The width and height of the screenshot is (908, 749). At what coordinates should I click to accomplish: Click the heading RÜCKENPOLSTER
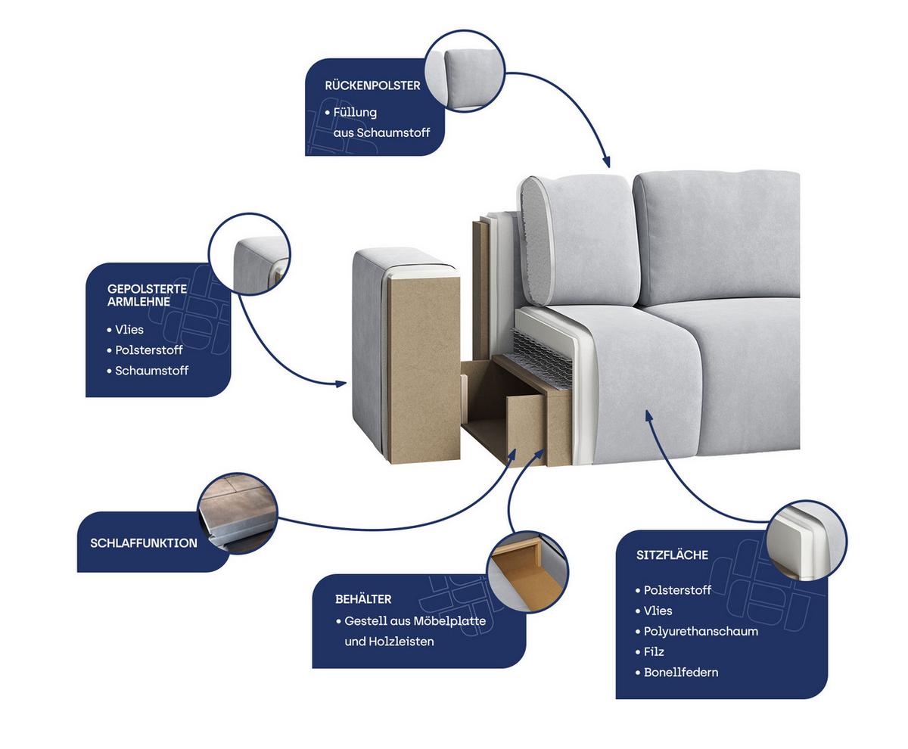pyautogui.click(x=372, y=85)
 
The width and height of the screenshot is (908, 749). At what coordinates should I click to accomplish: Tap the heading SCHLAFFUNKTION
pyautogui.click(x=144, y=542)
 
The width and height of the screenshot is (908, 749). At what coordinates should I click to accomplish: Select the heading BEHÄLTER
pyautogui.click(x=363, y=599)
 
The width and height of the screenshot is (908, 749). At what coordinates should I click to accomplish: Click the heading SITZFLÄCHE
pyautogui.click(x=672, y=555)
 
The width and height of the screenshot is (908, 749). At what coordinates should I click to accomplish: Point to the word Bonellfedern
pyautogui.click(x=680, y=672)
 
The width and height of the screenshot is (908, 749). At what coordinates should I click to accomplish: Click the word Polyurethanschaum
pyautogui.click(x=701, y=631)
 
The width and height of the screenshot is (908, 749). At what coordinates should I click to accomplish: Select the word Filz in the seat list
pyautogui.click(x=654, y=651)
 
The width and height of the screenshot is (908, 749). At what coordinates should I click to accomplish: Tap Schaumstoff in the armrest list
pyautogui.click(x=151, y=371)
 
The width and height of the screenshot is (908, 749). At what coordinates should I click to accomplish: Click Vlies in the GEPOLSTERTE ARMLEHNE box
pyautogui.click(x=129, y=330)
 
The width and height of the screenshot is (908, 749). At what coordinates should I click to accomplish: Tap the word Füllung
pyautogui.click(x=355, y=113)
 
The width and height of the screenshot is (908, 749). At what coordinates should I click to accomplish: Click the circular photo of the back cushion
pyautogui.click(x=465, y=71)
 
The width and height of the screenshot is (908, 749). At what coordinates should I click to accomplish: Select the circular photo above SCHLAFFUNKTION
pyautogui.click(x=238, y=514)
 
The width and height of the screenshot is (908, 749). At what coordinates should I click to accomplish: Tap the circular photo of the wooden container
pyautogui.click(x=527, y=572)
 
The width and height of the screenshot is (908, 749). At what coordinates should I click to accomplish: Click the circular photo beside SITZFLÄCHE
pyautogui.click(x=806, y=541)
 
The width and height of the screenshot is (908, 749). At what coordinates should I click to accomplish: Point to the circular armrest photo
pyautogui.click(x=249, y=254)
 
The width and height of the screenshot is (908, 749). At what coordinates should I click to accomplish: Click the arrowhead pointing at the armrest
pyautogui.click(x=341, y=384)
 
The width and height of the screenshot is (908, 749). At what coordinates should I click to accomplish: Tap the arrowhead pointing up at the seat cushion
pyautogui.click(x=648, y=415)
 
